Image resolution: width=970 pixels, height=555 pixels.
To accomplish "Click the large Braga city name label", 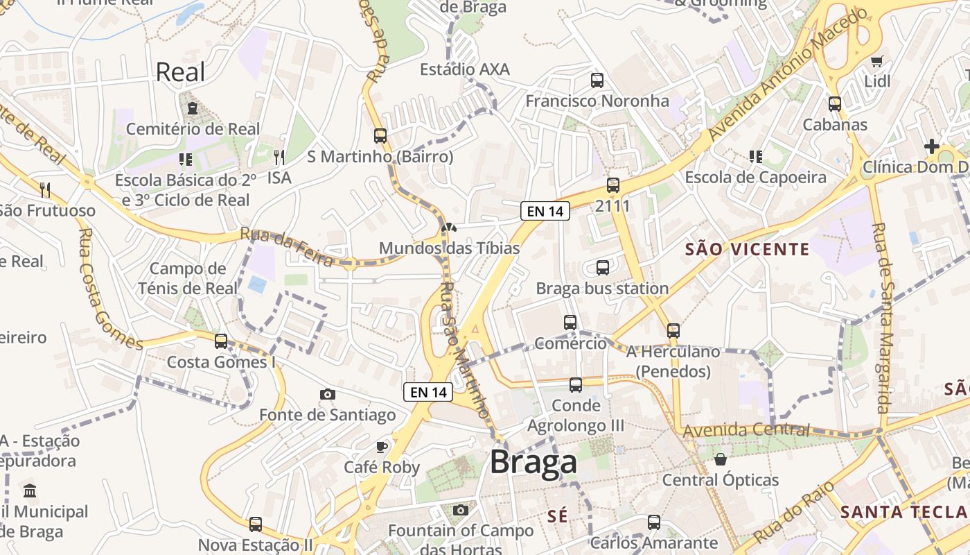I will [533, 463].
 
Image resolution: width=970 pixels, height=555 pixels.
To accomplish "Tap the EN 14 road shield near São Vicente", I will [545, 211].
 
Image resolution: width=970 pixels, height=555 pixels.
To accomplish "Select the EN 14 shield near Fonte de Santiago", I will [428, 392].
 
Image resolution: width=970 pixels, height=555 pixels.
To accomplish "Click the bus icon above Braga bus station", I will [603, 267].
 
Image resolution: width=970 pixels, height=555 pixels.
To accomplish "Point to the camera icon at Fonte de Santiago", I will [328, 394].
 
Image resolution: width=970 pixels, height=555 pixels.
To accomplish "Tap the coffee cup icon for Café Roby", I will [381, 446].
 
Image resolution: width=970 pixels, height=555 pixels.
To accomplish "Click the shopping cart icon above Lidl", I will [877, 61].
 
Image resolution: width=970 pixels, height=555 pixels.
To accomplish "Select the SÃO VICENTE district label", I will [747, 249].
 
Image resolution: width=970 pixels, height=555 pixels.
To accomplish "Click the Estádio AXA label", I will [465, 69].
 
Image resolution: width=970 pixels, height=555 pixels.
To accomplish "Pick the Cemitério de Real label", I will [193, 129].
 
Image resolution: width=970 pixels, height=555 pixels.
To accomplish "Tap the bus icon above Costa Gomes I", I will [221, 341].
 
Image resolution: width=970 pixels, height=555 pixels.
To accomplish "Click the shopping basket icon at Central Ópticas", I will [721, 459].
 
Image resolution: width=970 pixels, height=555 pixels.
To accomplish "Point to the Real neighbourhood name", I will [180, 72].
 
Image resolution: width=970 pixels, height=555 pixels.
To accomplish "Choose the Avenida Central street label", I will [746, 431].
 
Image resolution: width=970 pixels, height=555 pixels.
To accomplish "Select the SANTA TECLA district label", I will [903, 513].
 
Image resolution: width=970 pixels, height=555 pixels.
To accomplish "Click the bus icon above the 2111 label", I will [612, 185].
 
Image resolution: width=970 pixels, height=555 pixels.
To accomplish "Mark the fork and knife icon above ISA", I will [279, 157].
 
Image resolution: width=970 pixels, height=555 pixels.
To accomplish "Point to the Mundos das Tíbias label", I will [449, 248].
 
